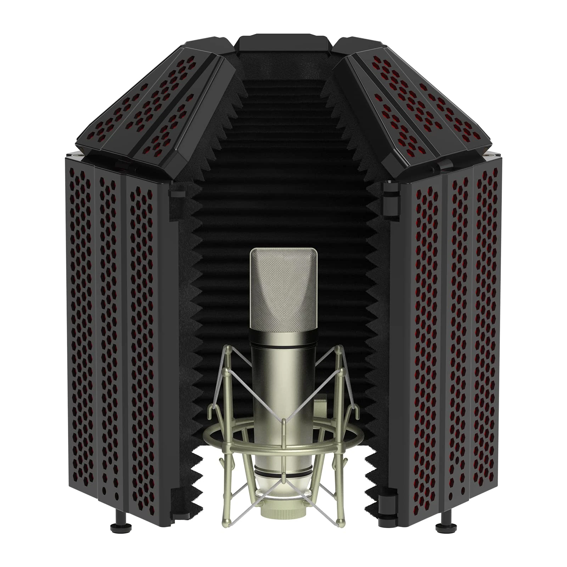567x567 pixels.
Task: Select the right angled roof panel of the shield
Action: click(418, 103)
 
